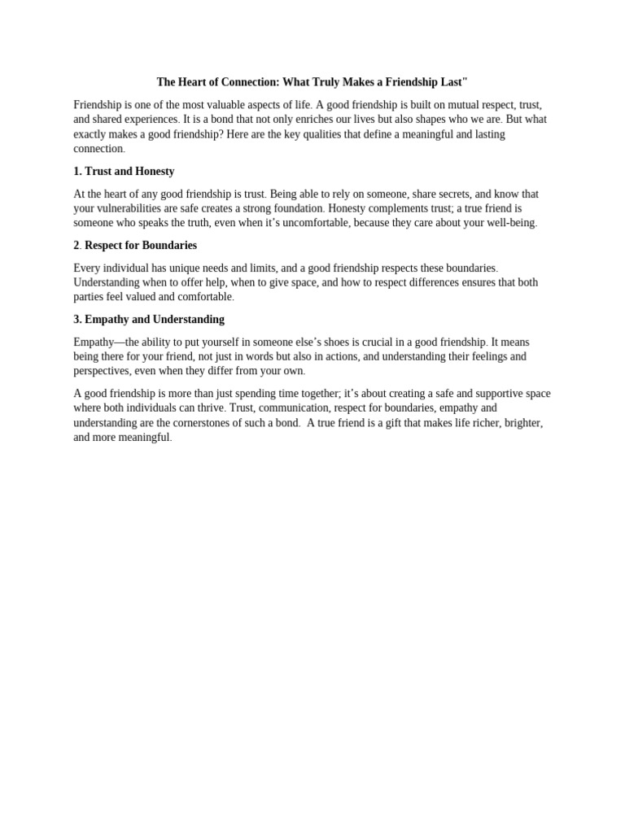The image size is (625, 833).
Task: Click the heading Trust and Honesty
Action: coord(129,172)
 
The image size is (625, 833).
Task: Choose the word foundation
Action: coord(297,208)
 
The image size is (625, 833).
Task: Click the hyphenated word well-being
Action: coord(509,223)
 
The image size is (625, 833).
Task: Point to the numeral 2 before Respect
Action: coord(76,246)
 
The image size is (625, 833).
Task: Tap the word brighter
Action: coord(521,423)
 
